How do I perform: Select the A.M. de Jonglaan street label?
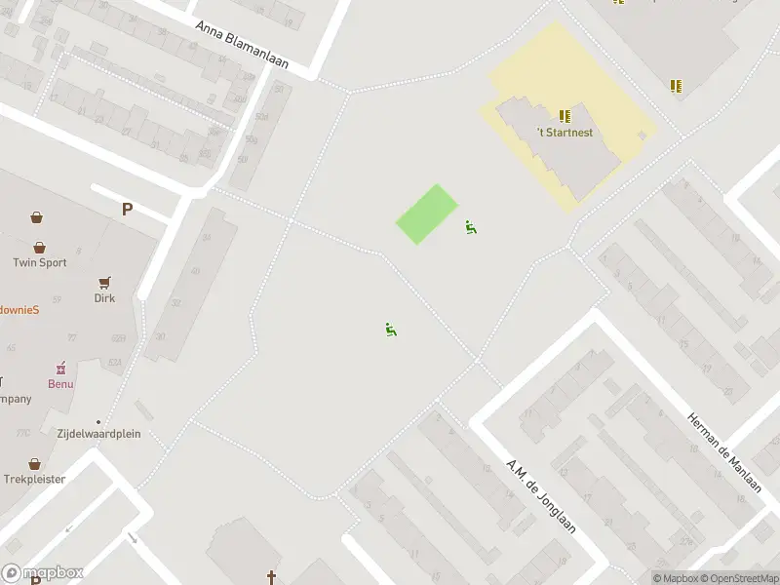[x=542, y=495]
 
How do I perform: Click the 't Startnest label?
[x=565, y=133]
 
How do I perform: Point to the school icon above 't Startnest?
[x=565, y=116]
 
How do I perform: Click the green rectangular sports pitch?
[x=427, y=214]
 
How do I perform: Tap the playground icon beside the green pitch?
[x=471, y=227]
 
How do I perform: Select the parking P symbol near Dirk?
[x=127, y=209]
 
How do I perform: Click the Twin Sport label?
[x=39, y=262]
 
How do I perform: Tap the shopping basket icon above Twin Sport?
[x=40, y=248]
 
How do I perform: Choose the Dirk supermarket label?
[x=104, y=297]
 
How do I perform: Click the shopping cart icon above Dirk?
[x=104, y=283]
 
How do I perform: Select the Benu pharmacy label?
[x=60, y=384]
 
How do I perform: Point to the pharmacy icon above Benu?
[x=60, y=369]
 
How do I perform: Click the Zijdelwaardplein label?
[x=97, y=433]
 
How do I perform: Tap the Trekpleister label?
[x=34, y=479]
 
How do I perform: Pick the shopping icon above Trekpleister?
[x=35, y=464]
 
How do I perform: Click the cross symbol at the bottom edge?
[x=272, y=578]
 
